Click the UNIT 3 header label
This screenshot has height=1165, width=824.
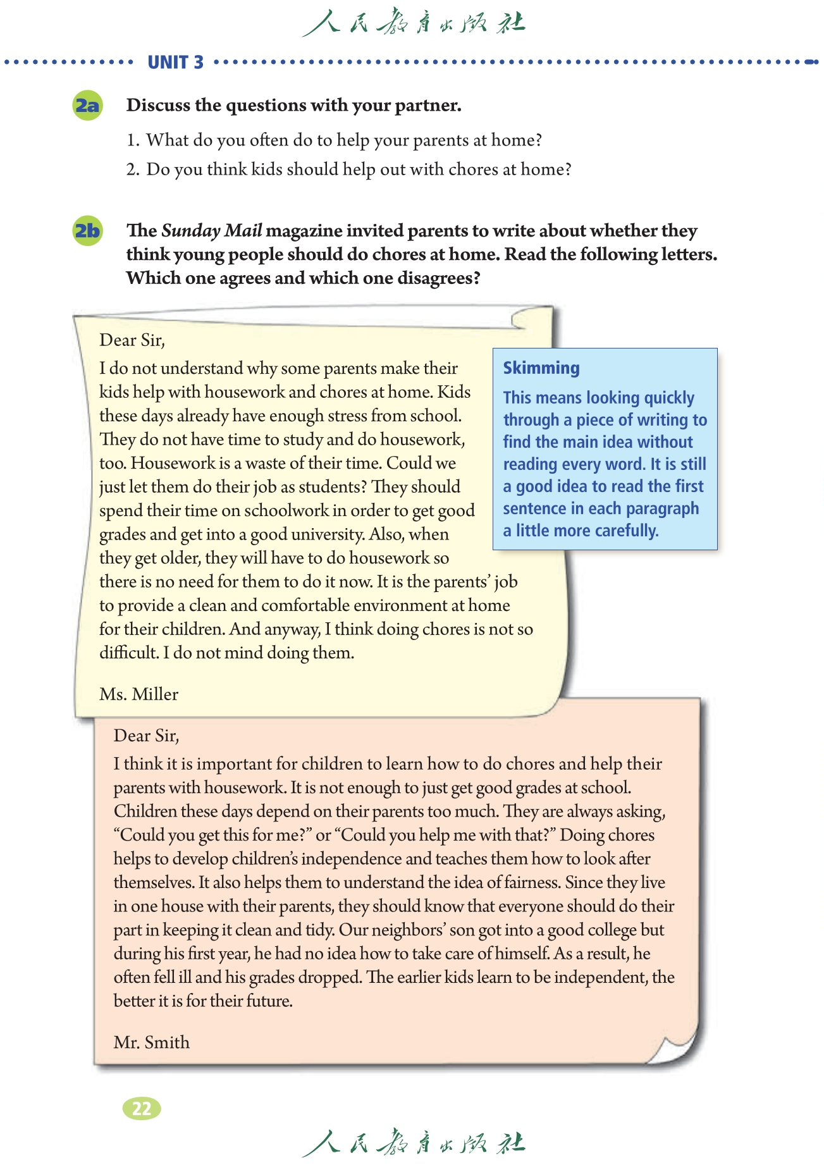coord(175,62)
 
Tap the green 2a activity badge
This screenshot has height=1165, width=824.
coord(87,105)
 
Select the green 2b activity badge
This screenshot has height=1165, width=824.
coord(87,231)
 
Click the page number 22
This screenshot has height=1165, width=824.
coord(142,1108)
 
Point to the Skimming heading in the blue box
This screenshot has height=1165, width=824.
coord(541,368)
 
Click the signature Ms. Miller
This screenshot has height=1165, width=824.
coord(138,694)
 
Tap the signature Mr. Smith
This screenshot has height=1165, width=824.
coord(152,1042)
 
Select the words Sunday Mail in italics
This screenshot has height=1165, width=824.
coord(212,231)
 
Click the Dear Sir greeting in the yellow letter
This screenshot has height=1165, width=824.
coord(132,340)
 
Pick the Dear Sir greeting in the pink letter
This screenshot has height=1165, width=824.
coord(146,736)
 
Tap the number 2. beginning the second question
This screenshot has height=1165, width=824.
coord(132,170)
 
